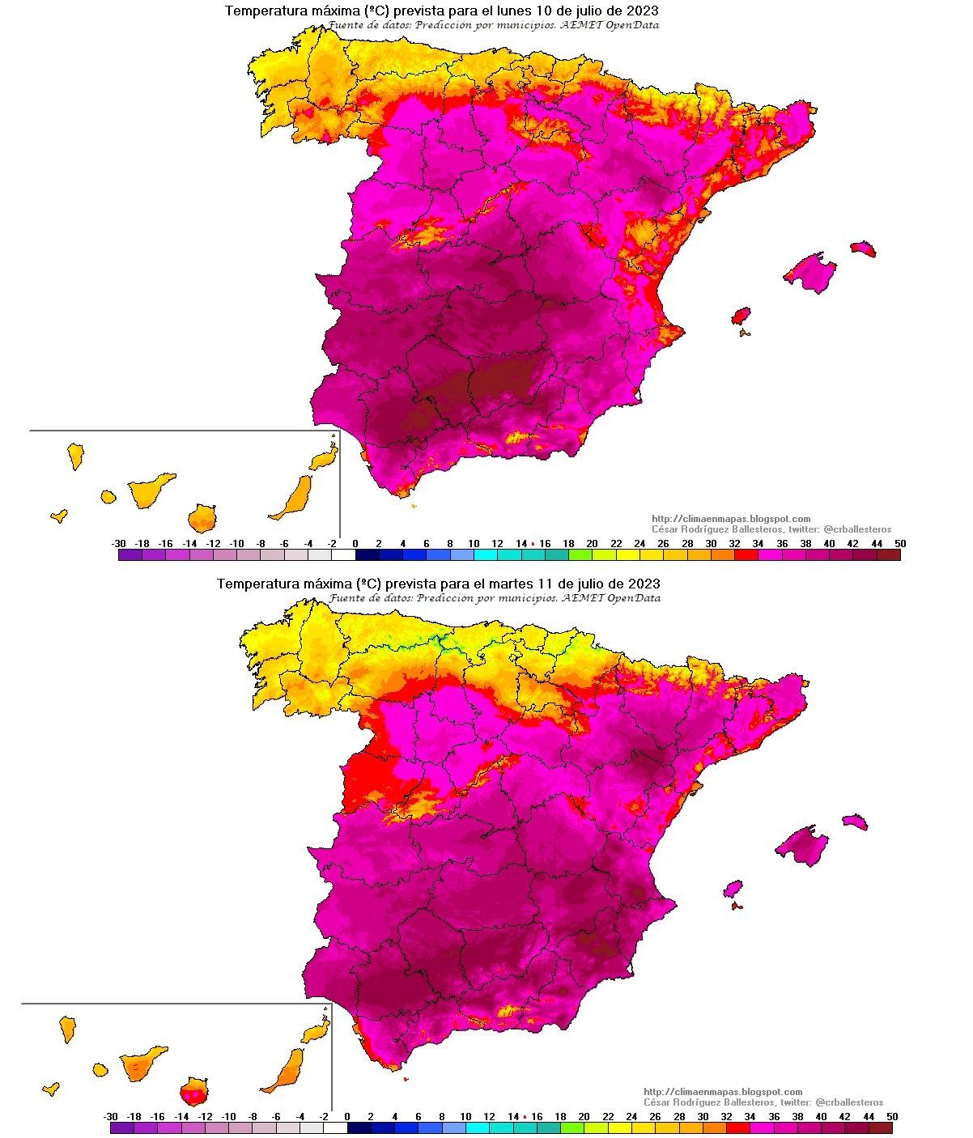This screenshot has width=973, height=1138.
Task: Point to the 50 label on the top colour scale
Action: coord(900,543)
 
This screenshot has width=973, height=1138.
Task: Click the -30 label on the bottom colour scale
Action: coord(111,1116)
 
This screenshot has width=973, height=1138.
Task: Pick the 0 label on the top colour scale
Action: coord(355,543)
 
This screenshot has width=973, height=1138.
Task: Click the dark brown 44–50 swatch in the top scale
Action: coord(888,555)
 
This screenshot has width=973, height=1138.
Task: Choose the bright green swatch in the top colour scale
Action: coord(580,555)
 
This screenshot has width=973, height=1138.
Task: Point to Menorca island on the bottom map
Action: coord(856,822)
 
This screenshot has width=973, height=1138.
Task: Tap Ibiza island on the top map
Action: coord(741,316)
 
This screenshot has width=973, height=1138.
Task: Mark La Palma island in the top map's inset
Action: coord(75,455)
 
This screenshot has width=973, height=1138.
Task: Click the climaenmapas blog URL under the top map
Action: coord(731,519)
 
